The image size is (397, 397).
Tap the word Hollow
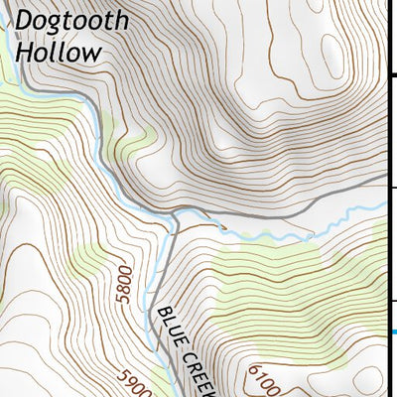59,52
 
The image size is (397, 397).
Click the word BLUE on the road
168,329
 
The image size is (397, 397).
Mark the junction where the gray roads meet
175,214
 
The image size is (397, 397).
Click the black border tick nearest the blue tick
392,301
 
